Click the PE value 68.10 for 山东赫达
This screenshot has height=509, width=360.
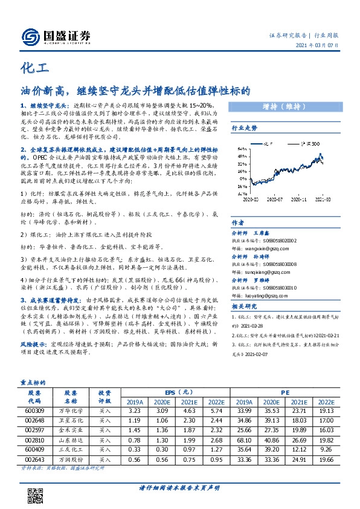(244, 441)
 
